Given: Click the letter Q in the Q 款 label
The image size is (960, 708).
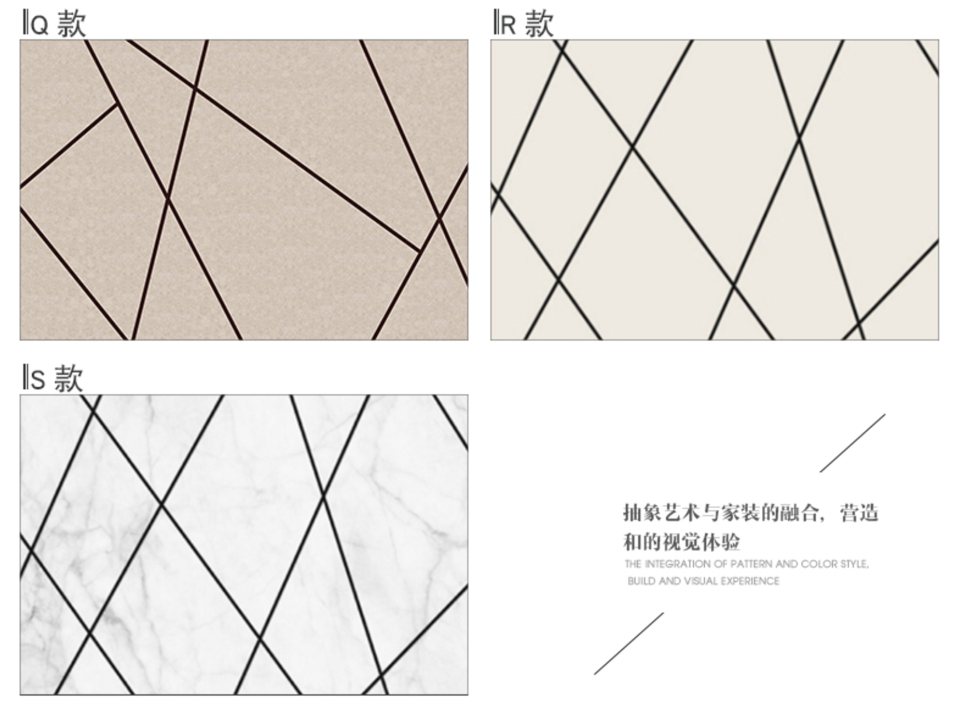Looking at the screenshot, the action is [x=40, y=25].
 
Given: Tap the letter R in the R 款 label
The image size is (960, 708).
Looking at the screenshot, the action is [x=508, y=25].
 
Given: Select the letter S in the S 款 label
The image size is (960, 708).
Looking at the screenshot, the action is [x=38, y=380].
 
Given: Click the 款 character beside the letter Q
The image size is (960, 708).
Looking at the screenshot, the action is [x=72, y=23].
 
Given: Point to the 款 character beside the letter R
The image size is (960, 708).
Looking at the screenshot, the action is [x=540, y=23].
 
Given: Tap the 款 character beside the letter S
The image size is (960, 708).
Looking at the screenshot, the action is [x=68, y=378].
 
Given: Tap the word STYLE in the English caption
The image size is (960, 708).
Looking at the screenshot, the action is [x=854, y=564].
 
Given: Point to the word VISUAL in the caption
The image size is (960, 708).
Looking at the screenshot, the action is [x=701, y=581].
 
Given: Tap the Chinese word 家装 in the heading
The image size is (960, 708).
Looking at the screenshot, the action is [x=739, y=512].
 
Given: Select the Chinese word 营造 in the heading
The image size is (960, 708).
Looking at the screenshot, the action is [x=860, y=512].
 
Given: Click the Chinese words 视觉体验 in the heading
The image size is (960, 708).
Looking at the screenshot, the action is [x=701, y=542].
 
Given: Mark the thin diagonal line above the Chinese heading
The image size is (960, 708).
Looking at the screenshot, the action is [x=853, y=443].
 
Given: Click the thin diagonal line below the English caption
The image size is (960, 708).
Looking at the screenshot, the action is [x=629, y=643].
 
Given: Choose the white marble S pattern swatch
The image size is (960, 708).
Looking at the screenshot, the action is [x=244, y=544].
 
